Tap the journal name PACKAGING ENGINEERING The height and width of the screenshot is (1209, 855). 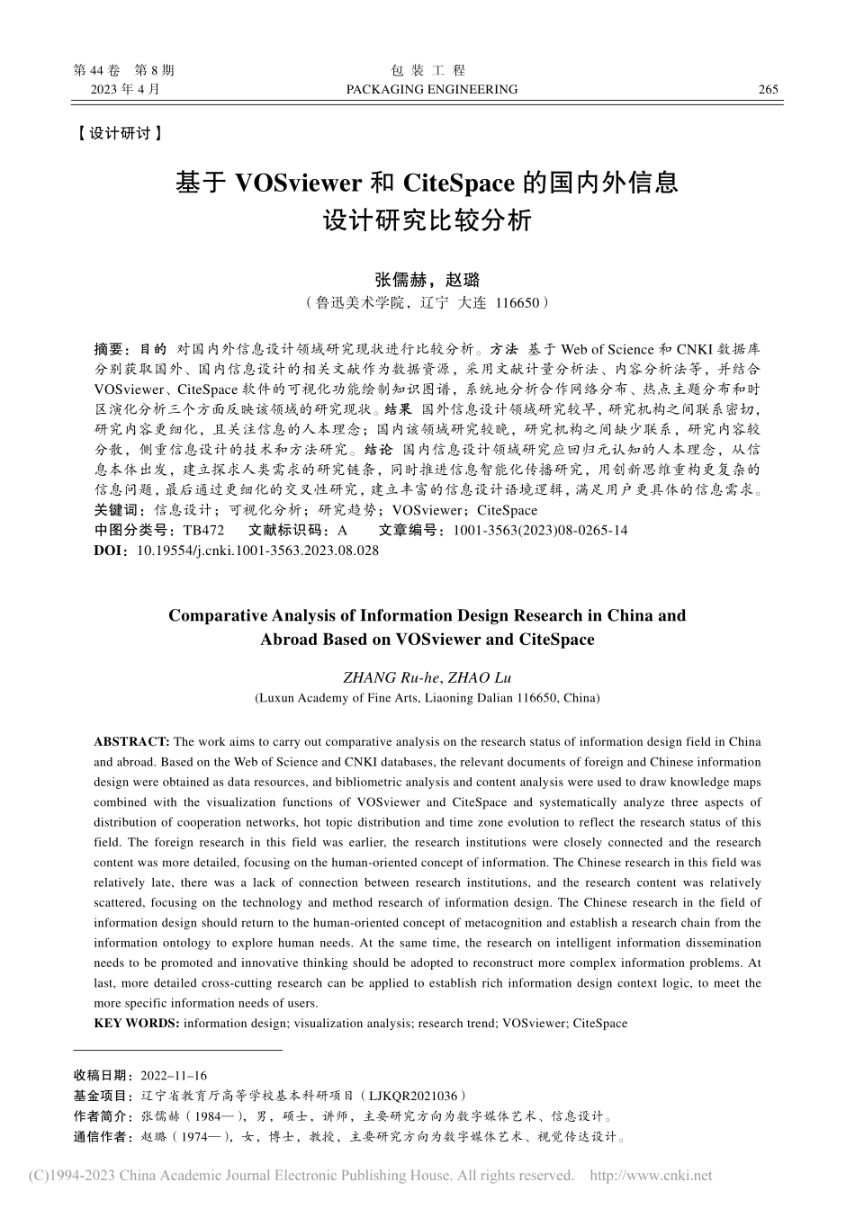(432, 89)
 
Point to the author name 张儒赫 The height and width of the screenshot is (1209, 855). (400, 280)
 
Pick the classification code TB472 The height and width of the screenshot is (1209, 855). (202, 530)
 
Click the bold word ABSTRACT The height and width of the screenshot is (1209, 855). (131, 741)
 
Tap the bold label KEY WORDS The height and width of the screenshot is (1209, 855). (136, 1023)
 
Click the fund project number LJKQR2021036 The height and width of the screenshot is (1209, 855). (412, 1096)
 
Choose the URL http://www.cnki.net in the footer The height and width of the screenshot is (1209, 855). (650, 1175)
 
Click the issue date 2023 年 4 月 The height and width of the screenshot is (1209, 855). (125, 89)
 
